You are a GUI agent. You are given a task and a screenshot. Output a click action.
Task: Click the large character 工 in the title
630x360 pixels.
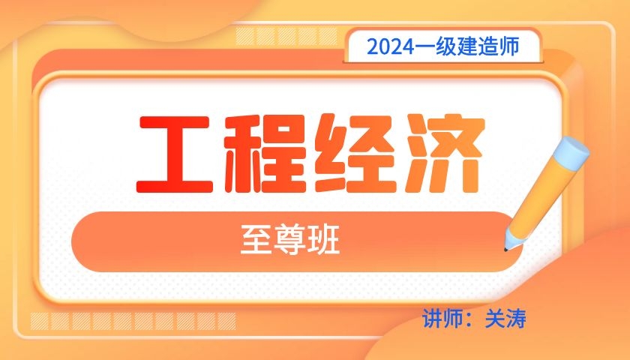[x=175, y=155]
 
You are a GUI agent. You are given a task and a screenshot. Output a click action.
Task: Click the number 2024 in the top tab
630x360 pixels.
[x=390, y=47]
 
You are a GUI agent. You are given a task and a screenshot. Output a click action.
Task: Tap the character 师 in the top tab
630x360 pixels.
[x=508, y=46]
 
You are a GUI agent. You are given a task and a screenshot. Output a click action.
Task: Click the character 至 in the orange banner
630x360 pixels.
[x=256, y=240]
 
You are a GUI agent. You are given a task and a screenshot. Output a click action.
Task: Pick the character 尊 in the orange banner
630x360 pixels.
[x=290, y=240]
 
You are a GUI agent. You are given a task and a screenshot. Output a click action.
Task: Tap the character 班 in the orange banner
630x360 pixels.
[x=323, y=240]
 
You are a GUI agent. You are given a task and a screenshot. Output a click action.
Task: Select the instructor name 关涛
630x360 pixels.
[x=505, y=319]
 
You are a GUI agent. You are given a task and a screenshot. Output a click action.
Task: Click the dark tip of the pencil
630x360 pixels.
[x=505, y=250]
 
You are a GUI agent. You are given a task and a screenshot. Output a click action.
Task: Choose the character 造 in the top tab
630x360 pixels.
[x=487, y=46]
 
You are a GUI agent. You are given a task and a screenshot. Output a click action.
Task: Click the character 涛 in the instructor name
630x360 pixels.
[x=516, y=319]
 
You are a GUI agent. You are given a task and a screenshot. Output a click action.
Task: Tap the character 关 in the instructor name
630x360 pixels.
[x=495, y=319]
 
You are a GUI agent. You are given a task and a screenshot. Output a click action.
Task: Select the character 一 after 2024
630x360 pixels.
[x=424, y=47]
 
